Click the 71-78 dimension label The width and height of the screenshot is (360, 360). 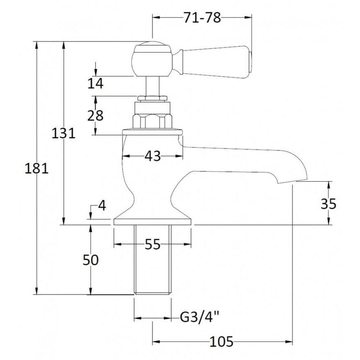pos(202,18)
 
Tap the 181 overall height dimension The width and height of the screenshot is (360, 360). pos(37,168)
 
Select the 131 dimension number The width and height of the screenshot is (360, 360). pos(63,133)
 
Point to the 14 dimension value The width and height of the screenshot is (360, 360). pos(95,83)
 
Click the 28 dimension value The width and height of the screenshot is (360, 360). pos(95,115)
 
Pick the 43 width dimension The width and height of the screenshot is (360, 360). pos(153,156)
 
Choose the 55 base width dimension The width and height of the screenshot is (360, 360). pos(153,244)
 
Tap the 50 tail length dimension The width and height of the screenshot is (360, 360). pos(91,260)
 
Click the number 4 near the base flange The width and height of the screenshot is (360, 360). pos(102,206)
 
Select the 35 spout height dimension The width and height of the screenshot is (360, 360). pos(328,203)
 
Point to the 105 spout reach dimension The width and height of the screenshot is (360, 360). pos(222,342)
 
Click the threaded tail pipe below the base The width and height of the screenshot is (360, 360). pos(153,259)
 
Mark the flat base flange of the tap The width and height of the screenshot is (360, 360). pos(153,222)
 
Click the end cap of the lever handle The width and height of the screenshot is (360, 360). pos(252,63)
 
